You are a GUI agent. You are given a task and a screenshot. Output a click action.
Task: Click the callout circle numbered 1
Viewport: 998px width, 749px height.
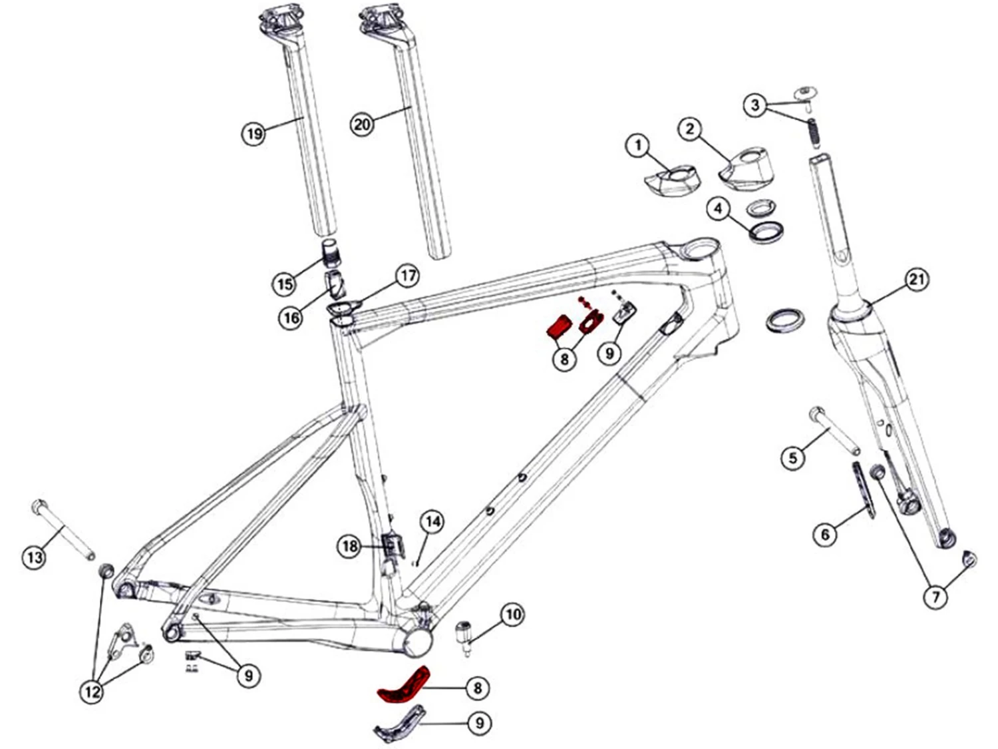(638, 145)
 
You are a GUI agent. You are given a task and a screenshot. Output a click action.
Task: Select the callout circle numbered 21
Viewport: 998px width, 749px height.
(917, 280)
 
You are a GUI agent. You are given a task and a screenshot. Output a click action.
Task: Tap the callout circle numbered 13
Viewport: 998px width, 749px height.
(34, 556)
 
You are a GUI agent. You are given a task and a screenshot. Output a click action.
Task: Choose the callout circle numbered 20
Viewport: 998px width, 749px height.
(362, 124)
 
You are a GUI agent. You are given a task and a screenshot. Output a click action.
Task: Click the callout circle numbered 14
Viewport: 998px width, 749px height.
(432, 521)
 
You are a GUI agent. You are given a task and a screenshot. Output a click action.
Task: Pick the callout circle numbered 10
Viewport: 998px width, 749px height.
(512, 614)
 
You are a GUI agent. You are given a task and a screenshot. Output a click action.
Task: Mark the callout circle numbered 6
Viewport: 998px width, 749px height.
(825, 534)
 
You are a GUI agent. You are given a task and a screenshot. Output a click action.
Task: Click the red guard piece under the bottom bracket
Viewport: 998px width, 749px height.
(403, 686)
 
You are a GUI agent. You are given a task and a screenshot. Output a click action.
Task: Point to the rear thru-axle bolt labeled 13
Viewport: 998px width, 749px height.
(64, 529)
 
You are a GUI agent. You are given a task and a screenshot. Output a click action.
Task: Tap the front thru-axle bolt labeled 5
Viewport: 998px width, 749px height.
(834, 431)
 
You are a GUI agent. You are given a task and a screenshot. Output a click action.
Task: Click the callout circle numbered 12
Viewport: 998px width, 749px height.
(92, 691)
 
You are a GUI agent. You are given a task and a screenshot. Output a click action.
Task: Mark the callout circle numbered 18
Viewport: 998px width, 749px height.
(350, 547)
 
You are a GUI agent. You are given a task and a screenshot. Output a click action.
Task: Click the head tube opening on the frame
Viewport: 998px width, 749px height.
(699, 251)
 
